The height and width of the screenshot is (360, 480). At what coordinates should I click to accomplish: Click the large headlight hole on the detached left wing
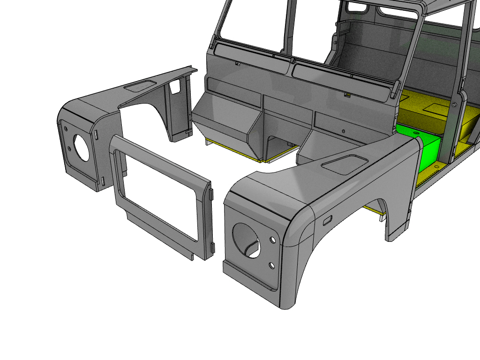tap(82, 148)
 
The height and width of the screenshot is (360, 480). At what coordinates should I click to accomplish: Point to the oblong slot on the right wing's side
tap(327, 219)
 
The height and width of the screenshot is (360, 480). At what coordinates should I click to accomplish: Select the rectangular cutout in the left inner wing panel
tap(176, 86)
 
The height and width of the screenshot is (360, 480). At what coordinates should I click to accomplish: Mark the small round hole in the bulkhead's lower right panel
tap(344, 131)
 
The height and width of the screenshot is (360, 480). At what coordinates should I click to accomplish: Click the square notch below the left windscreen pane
tap(237, 63)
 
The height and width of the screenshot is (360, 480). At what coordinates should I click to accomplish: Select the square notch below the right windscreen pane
tap(347, 95)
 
